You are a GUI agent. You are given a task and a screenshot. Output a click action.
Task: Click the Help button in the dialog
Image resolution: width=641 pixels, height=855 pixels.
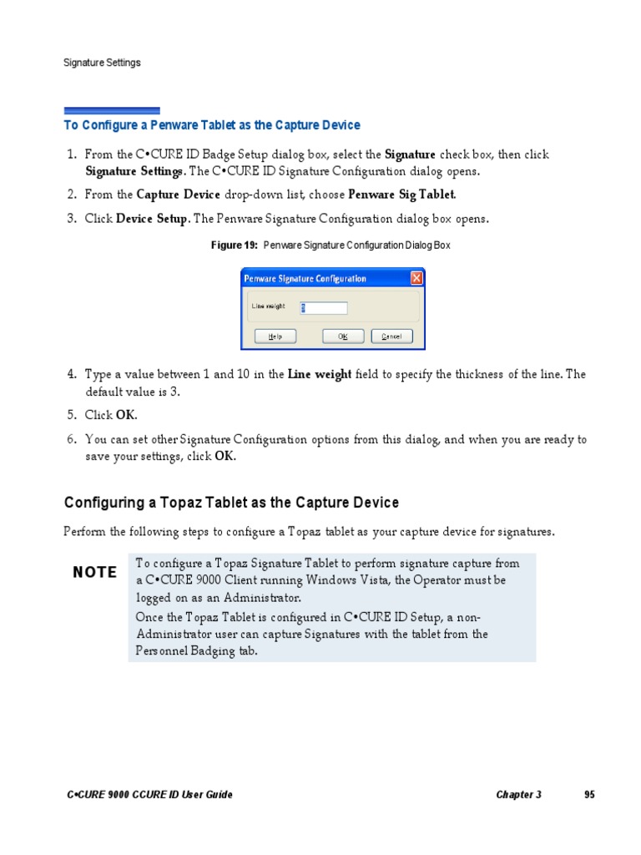[274, 336]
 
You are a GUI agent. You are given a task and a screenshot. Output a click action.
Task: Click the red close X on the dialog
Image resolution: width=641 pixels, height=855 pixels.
[416, 278]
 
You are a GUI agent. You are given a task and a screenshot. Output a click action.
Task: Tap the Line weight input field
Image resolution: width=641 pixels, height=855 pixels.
[323, 307]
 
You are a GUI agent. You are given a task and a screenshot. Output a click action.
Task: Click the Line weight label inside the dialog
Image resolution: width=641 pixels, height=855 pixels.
[268, 306]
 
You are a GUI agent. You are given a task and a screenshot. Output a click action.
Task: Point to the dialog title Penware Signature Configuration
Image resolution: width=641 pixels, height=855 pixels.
[305, 279]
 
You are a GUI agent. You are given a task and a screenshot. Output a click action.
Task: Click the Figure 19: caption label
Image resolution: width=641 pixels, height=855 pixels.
[236, 245]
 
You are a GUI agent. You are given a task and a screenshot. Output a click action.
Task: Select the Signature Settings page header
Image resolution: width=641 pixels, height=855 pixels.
[103, 63]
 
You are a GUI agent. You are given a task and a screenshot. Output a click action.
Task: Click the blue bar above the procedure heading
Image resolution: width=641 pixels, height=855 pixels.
[112, 110]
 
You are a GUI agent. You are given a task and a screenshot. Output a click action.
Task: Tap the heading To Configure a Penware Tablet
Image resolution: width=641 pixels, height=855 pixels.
[212, 125]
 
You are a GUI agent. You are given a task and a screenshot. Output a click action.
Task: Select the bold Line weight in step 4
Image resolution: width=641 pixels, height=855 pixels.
[320, 375]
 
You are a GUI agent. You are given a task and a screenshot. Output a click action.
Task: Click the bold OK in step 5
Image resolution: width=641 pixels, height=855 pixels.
[125, 415]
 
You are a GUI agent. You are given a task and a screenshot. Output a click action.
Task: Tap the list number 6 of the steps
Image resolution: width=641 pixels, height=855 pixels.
[71, 439]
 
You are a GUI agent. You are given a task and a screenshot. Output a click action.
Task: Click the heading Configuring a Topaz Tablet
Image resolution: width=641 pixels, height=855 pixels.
[231, 503]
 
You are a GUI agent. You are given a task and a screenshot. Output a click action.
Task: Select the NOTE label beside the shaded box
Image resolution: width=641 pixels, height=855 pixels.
[95, 572]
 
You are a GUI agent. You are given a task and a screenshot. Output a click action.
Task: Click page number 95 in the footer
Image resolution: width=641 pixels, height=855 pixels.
[589, 795]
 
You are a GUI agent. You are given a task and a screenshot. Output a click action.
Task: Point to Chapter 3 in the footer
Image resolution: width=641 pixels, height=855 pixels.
[518, 795]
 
